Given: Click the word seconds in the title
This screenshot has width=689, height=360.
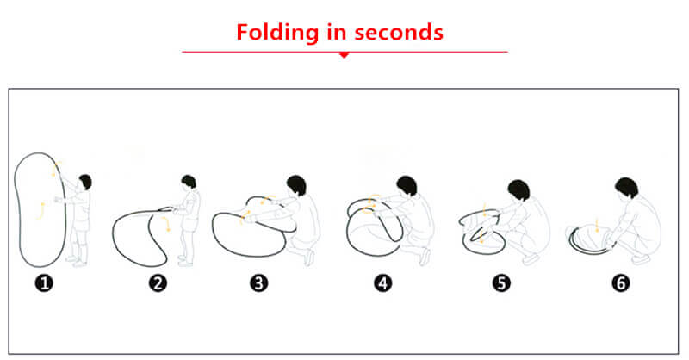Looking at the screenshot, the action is coord(399,33).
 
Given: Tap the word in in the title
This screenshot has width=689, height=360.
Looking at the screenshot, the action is coord(336,32).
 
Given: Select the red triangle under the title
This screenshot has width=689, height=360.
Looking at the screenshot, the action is coord(344,55).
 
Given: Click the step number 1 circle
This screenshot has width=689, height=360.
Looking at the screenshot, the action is coord(44,283).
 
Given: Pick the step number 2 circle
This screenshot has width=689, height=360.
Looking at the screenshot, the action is coord(158,283).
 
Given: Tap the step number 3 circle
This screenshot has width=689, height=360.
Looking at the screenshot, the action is coord(259,283).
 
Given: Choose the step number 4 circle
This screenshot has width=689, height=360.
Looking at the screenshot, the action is coord(383,283).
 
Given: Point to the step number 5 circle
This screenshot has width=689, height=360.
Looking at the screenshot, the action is coord(501,283).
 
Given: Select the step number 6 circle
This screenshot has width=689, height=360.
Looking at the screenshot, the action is coord(621,283).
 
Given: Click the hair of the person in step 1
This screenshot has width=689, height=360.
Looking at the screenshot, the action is coord(85,181).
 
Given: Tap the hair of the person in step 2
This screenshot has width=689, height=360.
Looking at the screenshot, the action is coord(189,181).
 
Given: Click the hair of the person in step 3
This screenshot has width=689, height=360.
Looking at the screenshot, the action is coord(296,184).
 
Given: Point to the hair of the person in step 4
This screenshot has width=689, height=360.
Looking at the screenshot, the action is coord(407,185).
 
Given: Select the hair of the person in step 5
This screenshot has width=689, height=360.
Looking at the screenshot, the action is coord(519,189).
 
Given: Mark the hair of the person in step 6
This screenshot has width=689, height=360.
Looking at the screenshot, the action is coord(627,187).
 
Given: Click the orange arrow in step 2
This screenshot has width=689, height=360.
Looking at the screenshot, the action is coord(166,223).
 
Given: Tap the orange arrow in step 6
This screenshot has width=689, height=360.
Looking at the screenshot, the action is coord(597,224).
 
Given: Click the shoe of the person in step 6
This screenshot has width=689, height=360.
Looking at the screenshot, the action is coord(641,259).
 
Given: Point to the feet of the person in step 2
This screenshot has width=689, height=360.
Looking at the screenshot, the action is coord(184,261).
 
